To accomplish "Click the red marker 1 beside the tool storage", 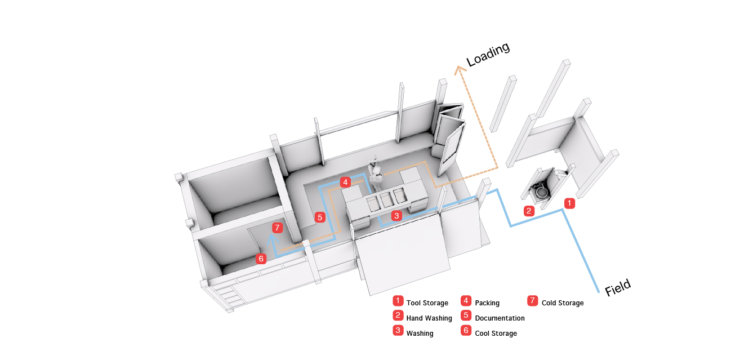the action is [569, 203].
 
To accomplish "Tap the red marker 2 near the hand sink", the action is [529, 211].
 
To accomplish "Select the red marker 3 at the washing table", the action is [396, 216].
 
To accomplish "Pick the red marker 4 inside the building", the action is [345, 182].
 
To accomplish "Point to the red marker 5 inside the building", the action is [319, 217].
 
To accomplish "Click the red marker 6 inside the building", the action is [261, 259].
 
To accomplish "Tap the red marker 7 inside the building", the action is [277, 228].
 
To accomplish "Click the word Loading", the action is [488, 55].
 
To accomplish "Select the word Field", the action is [618, 287].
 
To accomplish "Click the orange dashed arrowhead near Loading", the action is [459, 69].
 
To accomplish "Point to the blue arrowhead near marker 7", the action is [272, 239].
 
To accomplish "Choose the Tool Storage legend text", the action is [427, 303].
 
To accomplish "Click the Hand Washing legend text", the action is [429, 318].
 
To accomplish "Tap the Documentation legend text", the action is [500, 318].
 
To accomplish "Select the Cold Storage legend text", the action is [563, 303].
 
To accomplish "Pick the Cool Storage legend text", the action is [496, 333].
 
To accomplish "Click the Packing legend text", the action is [487, 303].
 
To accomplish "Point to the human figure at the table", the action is [376, 172].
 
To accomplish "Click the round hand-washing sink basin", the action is [541, 192].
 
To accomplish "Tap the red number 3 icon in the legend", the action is [398, 330].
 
